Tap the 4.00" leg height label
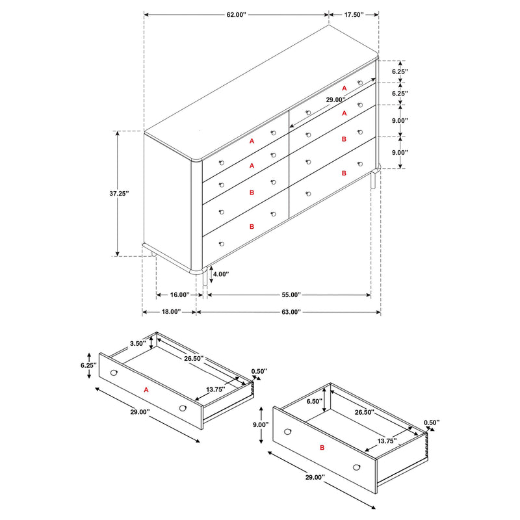(x=221, y=274)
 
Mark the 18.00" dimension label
(x=170, y=312)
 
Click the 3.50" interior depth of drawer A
(x=137, y=343)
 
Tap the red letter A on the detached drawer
(x=146, y=390)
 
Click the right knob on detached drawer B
(x=356, y=467)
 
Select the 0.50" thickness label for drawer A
(x=259, y=372)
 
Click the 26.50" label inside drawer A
(x=193, y=358)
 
